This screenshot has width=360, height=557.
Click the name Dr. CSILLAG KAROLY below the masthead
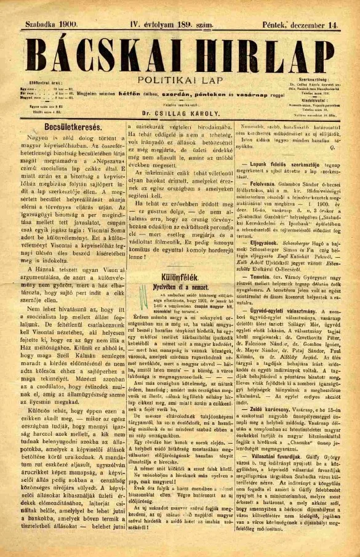tap(180, 114)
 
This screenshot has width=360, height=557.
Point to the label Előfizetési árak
tap(43, 82)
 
